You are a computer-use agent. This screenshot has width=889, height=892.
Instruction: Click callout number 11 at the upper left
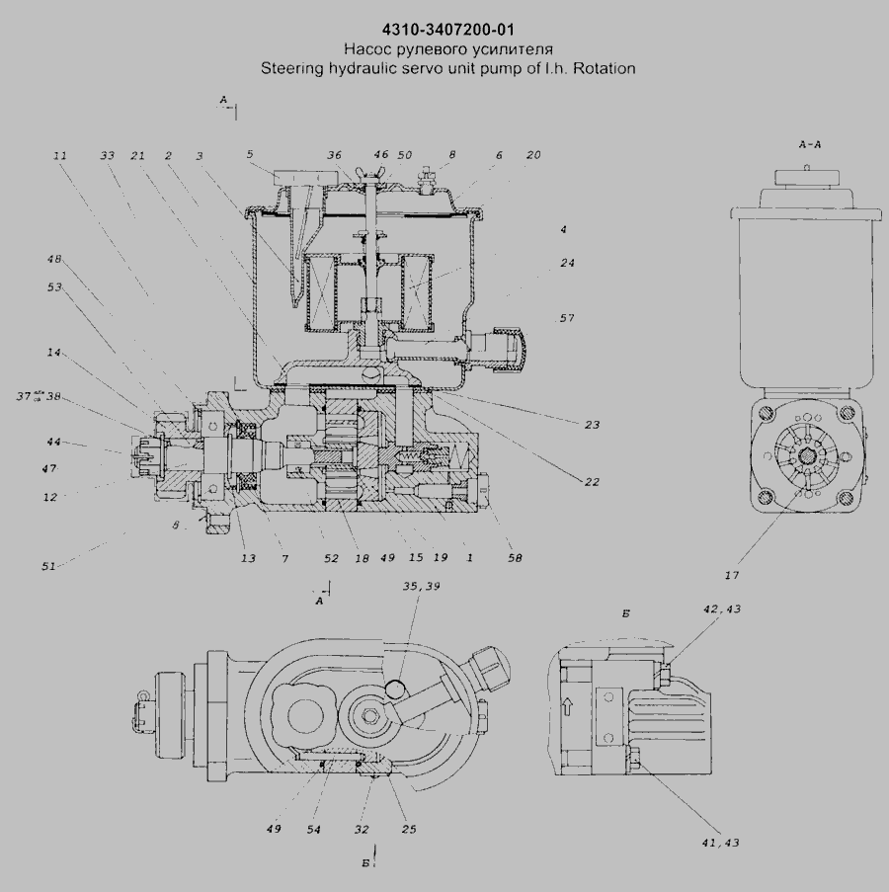pyautogui.click(x=60, y=156)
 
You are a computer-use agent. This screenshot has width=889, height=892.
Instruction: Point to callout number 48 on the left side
pyautogui.click(x=55, y=261)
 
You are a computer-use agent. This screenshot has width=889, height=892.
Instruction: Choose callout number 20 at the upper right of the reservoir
pyautogui.click(x=533, y=156)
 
